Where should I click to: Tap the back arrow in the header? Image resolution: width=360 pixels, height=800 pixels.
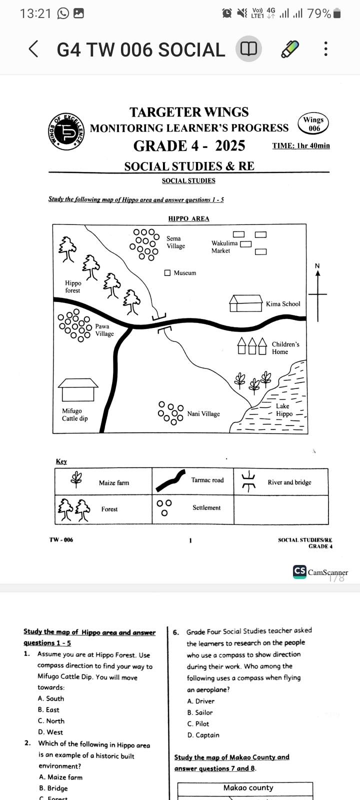click(x=33, y=49)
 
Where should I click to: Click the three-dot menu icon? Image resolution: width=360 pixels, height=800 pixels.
click(x=326, y=49)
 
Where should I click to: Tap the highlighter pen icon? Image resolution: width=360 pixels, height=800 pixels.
click(x=290, y=49)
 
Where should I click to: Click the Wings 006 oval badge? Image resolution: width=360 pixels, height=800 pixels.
click(x=313, y=123)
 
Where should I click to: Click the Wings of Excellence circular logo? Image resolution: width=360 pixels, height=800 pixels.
click(x=67, y=131)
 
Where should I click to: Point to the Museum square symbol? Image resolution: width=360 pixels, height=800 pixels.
click(x=167, y=273)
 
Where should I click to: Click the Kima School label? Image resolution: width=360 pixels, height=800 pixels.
click(x=283, y=304)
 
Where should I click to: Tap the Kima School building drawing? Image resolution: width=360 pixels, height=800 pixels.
click(x=245, y=303)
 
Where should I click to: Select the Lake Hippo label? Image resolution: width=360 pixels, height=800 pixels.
click(x=284, y=410)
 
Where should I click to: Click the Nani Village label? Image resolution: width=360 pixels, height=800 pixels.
click(x=203, y=414)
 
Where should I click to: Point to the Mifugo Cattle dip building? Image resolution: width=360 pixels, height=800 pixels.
click(x=78, y=390)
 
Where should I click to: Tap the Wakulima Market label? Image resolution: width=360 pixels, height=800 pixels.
click(x=224, y=247)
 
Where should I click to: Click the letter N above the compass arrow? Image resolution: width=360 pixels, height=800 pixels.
click(x=317, y=265)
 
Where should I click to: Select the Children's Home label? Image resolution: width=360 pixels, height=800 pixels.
click(x=285, y=348)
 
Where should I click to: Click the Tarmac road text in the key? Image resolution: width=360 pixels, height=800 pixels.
click(x=207, y=480)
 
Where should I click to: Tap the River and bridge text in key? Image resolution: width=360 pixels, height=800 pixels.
click(x=289, y=482)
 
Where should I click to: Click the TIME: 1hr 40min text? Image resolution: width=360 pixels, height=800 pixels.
click(x=300, y=145)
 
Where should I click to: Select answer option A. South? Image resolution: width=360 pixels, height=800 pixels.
click(x=50, y=698)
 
